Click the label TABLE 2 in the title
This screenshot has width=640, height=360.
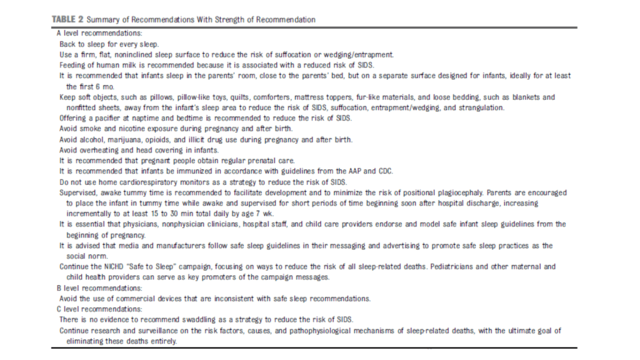[x=66, y=19]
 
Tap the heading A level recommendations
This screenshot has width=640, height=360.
[x=99, y=32]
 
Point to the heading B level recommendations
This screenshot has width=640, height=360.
[x=99, y=288]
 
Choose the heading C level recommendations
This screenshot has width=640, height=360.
[x=99, y=309]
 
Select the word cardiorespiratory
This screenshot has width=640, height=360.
[x=146, y=182]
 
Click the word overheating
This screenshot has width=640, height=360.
[x=103, y=149]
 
